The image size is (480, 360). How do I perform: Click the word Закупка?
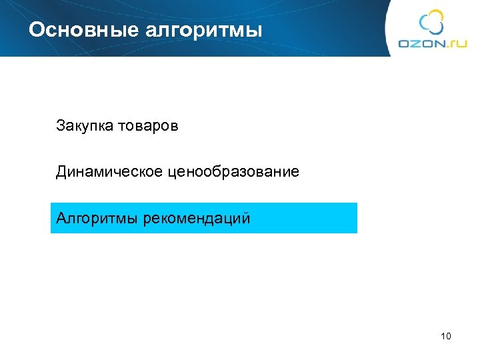[83, 125]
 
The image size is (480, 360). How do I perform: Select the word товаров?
[148, 125]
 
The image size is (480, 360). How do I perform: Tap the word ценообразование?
[233, 172]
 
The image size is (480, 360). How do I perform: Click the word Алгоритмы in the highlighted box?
[97, 218]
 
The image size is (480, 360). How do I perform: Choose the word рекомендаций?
[197, 218]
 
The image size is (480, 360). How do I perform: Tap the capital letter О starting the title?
[37, 30]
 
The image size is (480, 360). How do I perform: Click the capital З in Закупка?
[61, 125]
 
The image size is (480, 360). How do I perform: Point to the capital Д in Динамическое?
[61, 172]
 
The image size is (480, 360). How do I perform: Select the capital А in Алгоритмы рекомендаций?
[61, 218]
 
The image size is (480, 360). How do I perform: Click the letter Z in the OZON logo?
[414, 43]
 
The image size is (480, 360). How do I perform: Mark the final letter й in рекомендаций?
[246, 218]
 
